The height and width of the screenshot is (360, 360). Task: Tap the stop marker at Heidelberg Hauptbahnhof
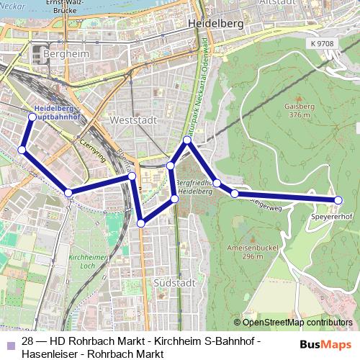click(32, 117)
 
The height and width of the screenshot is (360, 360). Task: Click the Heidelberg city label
click(215, 24)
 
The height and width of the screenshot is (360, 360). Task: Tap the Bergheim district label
click(65, 54)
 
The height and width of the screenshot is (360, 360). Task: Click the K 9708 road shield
click(323, 44)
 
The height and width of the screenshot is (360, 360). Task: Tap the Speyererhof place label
click(330, 215)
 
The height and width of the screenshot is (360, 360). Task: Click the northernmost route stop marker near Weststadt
click(186, 140)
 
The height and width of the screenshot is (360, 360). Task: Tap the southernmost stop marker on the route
click(141, 223)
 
